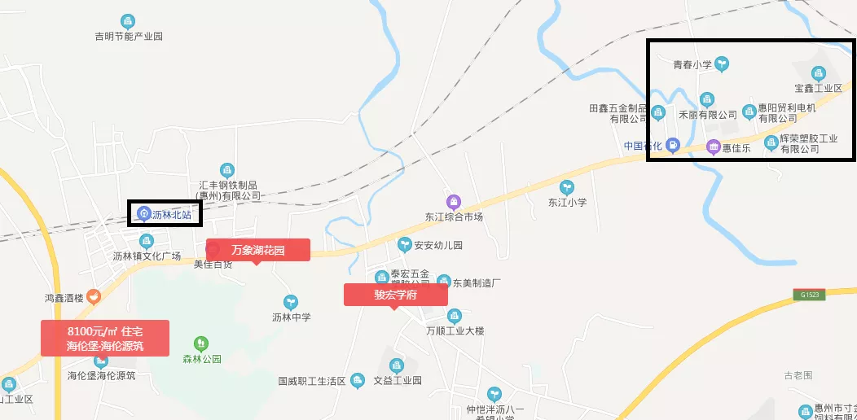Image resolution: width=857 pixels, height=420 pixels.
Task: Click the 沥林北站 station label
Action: pos(170,214)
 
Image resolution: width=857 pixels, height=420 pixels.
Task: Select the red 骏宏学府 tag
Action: pos(396,295)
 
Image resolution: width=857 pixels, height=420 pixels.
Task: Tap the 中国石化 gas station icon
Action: pos(672,146)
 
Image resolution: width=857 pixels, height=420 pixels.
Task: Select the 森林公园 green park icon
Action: pos(201,343)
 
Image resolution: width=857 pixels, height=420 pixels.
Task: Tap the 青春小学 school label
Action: pos(693,63)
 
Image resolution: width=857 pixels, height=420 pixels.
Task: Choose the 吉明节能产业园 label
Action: pos(129,37)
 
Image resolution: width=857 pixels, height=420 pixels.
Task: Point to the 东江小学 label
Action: pos(567,202)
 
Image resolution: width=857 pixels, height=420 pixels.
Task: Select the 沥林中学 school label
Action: pos(291,317)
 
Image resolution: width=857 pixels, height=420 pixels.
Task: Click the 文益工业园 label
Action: pos(397,380)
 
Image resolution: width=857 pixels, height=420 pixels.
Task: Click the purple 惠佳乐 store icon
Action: pos(714,147)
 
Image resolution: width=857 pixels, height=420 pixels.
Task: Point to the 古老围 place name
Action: pos(798,375)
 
